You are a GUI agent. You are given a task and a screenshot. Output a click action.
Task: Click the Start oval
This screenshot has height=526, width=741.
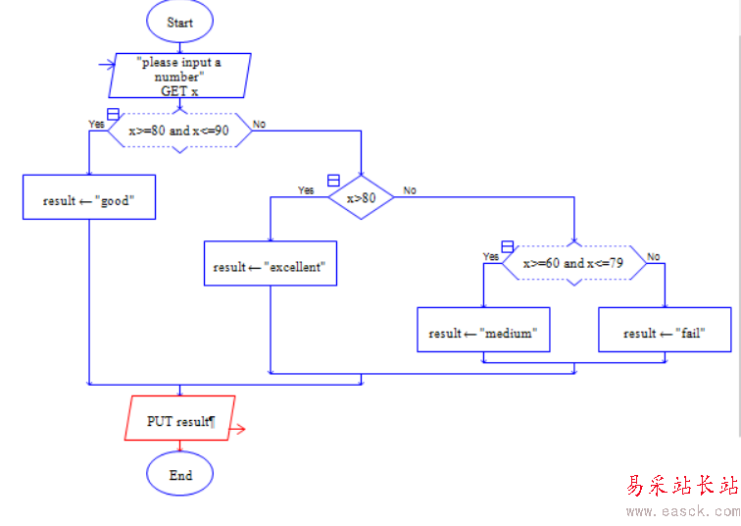coord(179,22)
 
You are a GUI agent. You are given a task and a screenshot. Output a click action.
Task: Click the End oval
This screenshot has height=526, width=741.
coord(179,475)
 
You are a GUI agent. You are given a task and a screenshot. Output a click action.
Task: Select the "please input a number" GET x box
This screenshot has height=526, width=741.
coord(179,76)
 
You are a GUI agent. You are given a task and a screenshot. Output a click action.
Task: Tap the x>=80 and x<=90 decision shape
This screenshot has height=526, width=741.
coord(179,131)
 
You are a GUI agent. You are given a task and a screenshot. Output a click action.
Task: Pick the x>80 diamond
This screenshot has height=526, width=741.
coord(361,198)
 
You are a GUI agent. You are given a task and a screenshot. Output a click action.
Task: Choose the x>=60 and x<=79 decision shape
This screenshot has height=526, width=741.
coord(573,263)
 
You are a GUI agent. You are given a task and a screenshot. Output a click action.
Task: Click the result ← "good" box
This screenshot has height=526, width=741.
coord(88,200)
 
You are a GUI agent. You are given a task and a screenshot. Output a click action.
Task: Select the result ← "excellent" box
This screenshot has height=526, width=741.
coord(270,266)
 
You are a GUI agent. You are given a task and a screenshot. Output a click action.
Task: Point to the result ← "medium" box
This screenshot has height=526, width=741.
coord(482,333)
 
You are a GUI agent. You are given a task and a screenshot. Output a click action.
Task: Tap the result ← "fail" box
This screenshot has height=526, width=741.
coord(665,333)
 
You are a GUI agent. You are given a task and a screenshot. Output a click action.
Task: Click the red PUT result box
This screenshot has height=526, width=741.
coord(180,421)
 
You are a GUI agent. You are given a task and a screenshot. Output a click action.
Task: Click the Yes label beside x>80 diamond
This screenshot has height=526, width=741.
coord(306,190)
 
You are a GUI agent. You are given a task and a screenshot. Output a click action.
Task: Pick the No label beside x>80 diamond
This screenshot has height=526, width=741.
coord(410,190)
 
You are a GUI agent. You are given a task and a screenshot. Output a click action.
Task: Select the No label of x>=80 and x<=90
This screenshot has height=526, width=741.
coord(259,124)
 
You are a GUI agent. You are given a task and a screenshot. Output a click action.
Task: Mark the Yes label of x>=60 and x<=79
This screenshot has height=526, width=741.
coord(491,256)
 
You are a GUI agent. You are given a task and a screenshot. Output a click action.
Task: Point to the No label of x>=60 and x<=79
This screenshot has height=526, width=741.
coord(653,256)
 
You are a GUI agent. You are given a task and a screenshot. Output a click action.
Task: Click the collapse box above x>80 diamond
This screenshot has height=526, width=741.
coord(333,181)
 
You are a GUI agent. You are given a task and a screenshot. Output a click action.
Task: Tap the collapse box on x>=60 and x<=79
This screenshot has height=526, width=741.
coord(507,246)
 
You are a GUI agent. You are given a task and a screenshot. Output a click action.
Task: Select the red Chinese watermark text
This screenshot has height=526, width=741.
coord(681,486)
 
